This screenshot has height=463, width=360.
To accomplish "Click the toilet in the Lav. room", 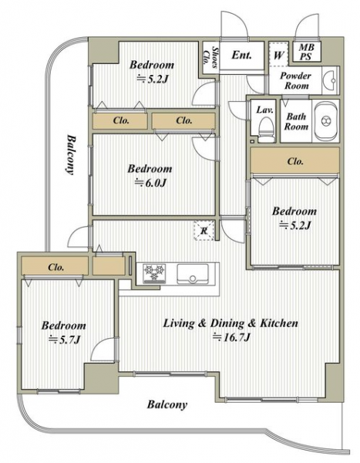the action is click(266, 129).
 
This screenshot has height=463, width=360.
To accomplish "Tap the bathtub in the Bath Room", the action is click(326, 121).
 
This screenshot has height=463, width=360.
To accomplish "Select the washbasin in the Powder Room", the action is click(331, 80).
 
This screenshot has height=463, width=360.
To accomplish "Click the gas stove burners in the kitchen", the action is click(154, 274).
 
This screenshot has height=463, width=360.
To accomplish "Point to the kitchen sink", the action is click(193, 274).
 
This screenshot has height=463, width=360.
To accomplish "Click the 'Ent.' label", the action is click(242, 55).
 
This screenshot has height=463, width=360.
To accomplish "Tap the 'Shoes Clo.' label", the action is click(211, 57).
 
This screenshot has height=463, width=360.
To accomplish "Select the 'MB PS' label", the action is click(306, 52).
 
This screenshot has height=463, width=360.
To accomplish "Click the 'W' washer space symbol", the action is click(278, 55).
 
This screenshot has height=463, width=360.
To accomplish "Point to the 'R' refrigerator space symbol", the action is click(204, 231).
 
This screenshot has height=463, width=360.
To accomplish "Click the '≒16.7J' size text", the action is click(231, 337).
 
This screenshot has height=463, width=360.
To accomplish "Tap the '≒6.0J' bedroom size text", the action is click(150, 183).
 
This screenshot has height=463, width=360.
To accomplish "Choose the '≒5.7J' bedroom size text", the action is click(64, 340).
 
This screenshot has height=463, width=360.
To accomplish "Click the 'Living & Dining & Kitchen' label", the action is click(230, 323).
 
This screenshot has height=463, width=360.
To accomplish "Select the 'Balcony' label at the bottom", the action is click(167, 404).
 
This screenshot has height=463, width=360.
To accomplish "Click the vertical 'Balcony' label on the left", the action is click(70, 155).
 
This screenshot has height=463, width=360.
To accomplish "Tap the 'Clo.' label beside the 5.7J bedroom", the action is click(56, 267).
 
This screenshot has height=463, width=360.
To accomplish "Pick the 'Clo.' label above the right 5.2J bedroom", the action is click(295, 161).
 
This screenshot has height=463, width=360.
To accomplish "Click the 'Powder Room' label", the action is click(296, 80).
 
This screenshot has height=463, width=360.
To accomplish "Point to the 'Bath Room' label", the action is click(296, 121).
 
